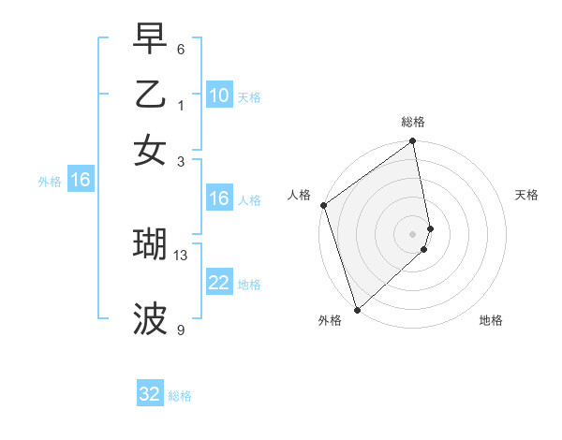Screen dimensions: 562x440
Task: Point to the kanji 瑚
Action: [150, 243]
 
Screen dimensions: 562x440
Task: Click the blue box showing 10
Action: [219, 95]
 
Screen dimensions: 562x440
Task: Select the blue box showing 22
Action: [219, 283]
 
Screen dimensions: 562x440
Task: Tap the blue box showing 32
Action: [150, 394]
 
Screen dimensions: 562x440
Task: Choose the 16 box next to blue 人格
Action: [219, 198]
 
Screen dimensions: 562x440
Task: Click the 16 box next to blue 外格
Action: [81, 180]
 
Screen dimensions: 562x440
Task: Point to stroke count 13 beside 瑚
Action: [181, 255]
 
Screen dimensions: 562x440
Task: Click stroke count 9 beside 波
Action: [181, 330]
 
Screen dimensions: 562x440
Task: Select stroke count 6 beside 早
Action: [181, 49]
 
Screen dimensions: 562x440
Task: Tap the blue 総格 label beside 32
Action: [180, 396]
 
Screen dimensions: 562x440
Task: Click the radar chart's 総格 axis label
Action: [413, 122]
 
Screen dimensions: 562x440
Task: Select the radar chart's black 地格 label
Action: [491, 320]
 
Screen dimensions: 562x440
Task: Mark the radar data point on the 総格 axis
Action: [413, 142]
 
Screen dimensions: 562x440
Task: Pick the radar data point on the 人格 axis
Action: [323, 205]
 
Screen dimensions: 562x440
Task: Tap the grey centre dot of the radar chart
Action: [413, 233]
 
